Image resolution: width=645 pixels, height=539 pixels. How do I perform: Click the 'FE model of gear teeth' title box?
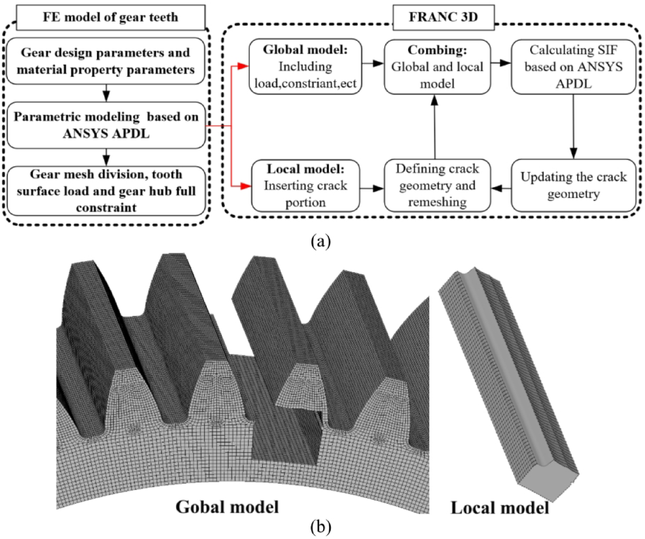coord(111,17)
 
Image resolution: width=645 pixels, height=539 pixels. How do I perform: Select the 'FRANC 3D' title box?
coord(443,17)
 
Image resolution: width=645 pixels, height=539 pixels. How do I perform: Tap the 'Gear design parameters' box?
coord(105,61)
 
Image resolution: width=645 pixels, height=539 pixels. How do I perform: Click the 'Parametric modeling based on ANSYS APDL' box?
coord(106,125)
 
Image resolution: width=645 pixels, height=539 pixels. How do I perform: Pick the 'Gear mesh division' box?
coord(106,191)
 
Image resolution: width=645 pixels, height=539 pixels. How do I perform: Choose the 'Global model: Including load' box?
coord(305,67)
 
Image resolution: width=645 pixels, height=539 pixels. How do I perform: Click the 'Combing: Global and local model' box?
coord(437,67)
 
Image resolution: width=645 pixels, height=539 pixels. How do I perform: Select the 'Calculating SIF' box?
coord(573,67)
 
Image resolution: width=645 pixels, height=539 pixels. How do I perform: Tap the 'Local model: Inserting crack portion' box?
coord(305,186)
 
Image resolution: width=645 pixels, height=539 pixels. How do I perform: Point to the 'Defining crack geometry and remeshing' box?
coord(437,186)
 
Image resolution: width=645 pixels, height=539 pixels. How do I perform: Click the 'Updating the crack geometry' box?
coord(573,186)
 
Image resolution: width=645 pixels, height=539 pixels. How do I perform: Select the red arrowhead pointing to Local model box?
coord(245,186)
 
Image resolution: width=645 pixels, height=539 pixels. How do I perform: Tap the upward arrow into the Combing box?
coord(434,127)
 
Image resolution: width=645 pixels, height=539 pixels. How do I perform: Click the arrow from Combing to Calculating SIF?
coord(501,63)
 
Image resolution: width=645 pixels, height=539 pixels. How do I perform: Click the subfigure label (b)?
coord(320,527)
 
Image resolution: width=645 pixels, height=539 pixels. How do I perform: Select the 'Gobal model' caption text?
coord(227,506)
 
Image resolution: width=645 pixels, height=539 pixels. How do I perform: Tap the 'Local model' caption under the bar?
coord(500,507)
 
